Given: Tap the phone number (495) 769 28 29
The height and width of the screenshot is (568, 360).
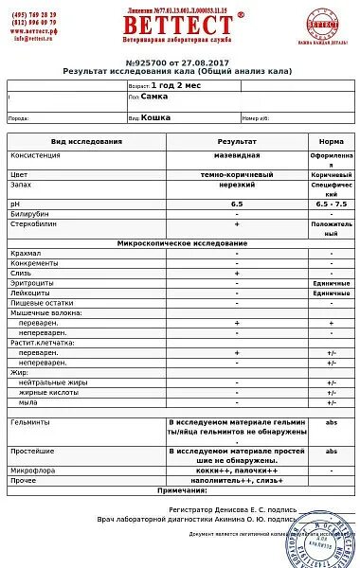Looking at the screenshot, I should coord(35,15).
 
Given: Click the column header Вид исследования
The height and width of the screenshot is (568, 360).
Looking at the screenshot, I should coord(86,141).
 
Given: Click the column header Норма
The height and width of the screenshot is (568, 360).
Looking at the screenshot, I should coord(331,141).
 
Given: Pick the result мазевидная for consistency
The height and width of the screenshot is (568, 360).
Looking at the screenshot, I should coord(236,155).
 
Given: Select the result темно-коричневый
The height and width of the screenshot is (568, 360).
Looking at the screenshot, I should coord(236,175).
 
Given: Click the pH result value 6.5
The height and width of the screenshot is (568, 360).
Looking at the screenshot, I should coord(236,204).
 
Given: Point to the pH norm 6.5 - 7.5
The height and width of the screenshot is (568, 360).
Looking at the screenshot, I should coord(331,204).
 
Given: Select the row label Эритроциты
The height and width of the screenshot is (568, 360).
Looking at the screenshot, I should coord(31,283).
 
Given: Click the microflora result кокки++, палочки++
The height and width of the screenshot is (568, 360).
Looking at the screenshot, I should coord(236,470).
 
